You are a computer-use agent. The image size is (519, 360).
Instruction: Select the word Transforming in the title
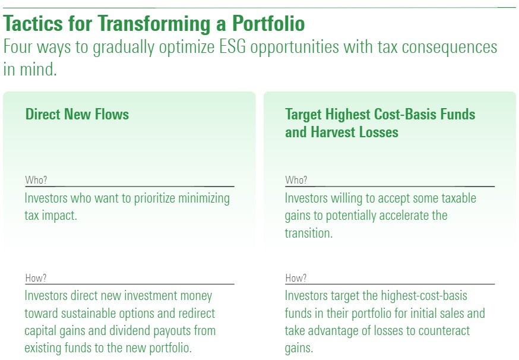154,24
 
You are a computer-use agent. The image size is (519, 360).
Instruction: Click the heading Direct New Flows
77,114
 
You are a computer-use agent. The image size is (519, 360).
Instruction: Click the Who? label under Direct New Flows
36,180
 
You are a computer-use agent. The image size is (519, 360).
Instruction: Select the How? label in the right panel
296,278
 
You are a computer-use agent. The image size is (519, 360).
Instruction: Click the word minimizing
204,198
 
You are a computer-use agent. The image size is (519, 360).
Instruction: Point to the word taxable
458,198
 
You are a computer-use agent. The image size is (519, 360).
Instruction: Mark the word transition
308,233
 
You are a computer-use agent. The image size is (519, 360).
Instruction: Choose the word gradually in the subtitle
124,48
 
